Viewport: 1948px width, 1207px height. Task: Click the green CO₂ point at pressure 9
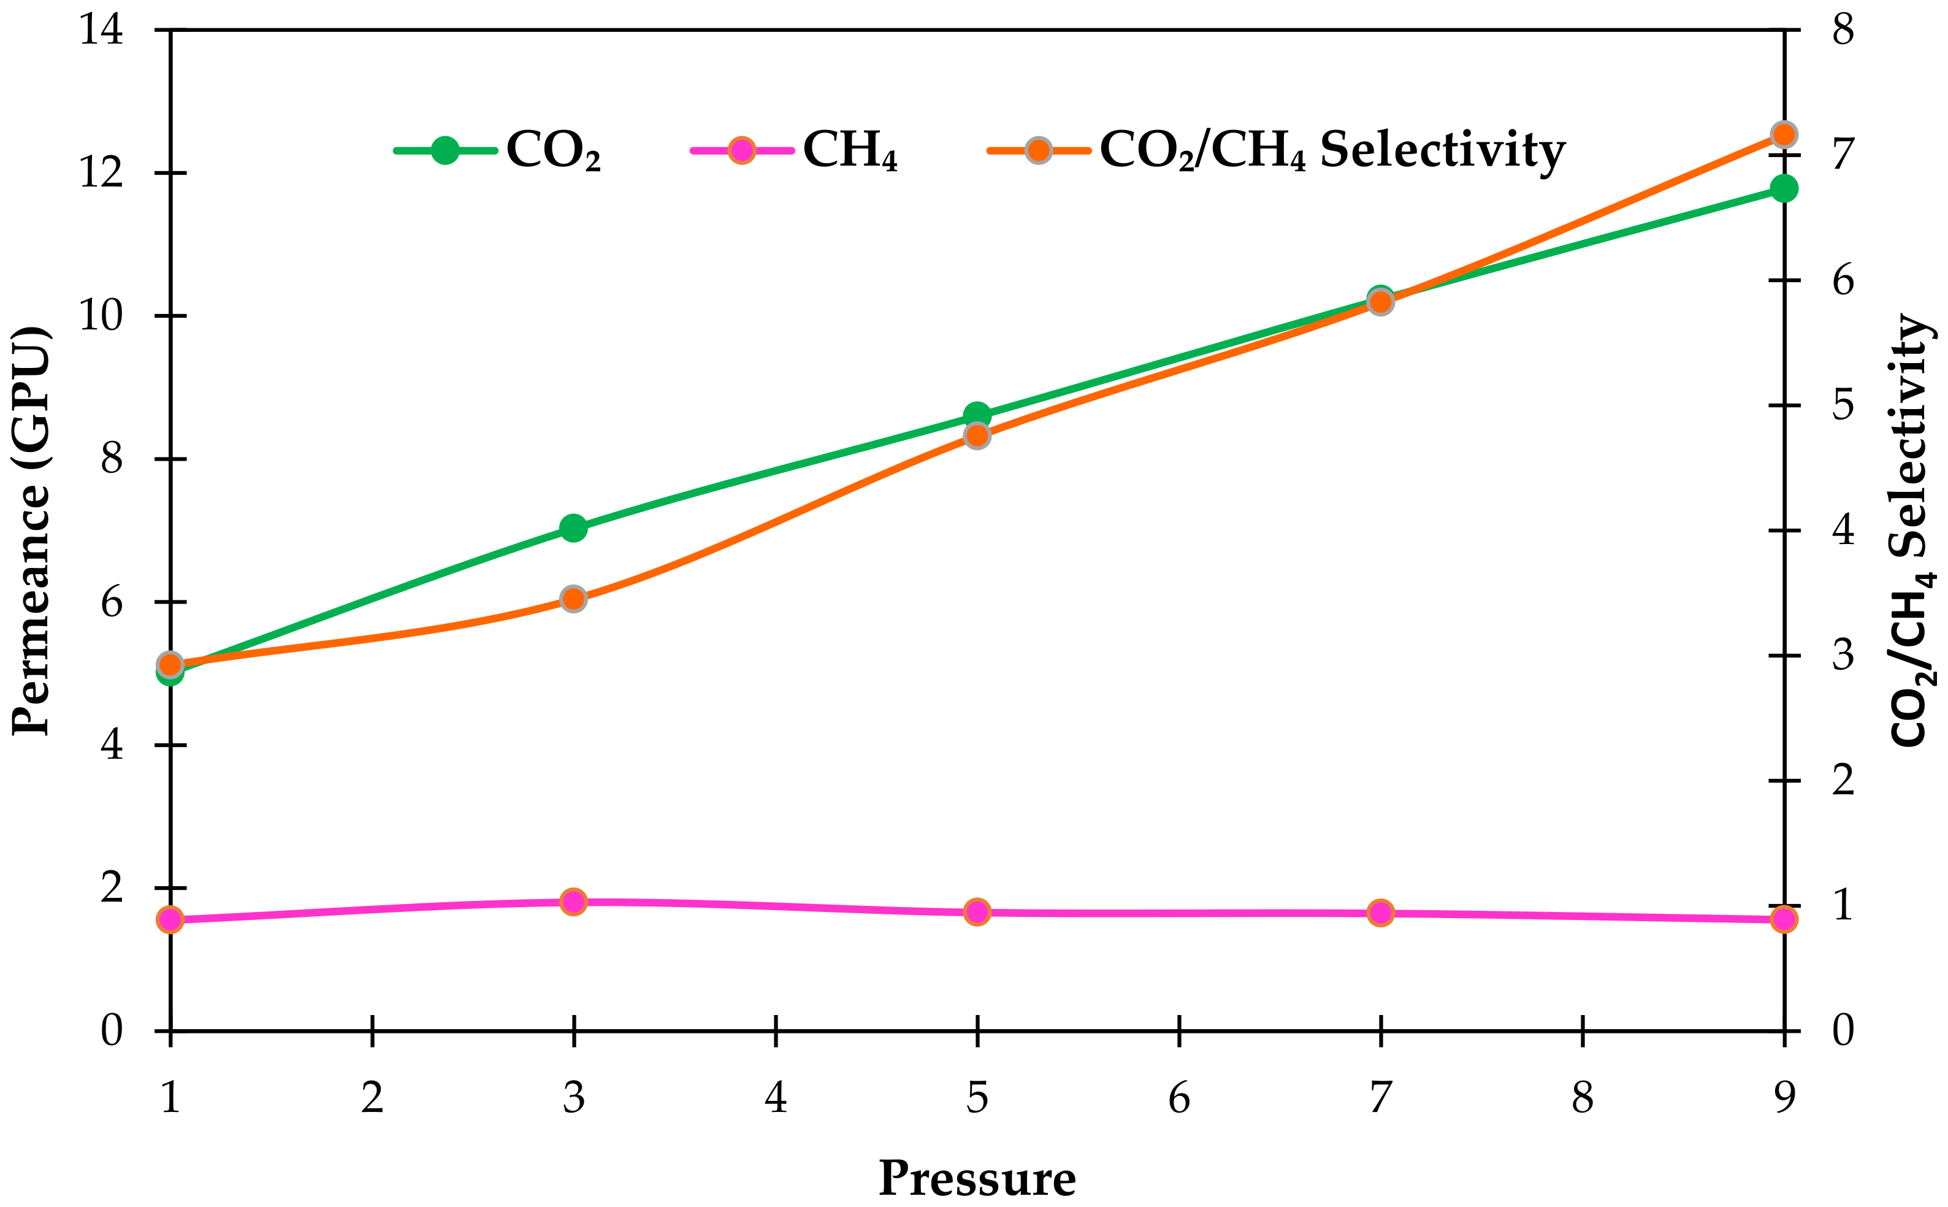click(x=1784, y=188)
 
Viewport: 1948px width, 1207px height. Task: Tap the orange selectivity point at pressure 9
click(x=1784, y=135)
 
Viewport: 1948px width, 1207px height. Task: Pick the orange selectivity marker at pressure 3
click(x=573, y=599)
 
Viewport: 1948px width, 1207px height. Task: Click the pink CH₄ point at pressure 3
click(x=573, y=902)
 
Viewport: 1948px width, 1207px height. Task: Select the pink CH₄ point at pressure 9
click(x=1784, y=919)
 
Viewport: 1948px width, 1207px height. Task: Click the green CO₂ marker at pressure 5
click(x=977, y=415)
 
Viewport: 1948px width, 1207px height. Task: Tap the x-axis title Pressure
click(x=977, y=1178)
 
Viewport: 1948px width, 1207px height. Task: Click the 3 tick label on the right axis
click(x=1843, y=656)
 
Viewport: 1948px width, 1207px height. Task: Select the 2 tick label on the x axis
click(x=372, y=1098)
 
